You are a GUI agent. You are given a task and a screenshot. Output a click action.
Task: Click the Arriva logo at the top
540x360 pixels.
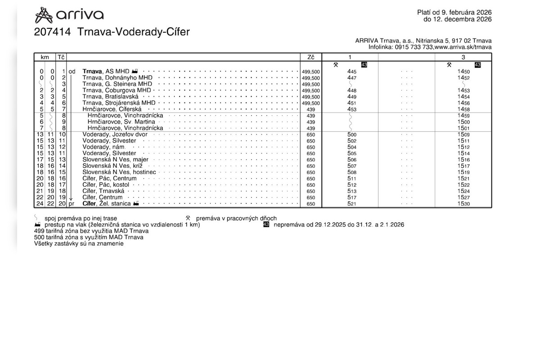coord(69,15)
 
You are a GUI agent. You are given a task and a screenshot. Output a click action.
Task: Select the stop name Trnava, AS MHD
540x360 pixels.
coord(106,72)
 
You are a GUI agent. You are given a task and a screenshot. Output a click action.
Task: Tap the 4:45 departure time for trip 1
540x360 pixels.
coord(352,72)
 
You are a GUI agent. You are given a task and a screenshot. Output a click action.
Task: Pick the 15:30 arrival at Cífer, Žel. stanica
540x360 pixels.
coord(463,204)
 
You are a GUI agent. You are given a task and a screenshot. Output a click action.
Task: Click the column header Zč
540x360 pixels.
coord(311,57)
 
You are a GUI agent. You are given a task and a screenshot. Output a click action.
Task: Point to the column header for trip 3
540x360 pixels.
coord(463,57)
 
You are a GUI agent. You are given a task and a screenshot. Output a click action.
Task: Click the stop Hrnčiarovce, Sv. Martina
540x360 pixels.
coord(121,122)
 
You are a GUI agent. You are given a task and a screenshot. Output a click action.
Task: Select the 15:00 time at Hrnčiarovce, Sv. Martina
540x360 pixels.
coord(463,122)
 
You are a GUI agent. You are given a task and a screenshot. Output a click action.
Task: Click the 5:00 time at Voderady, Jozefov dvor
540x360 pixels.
coord(352,135)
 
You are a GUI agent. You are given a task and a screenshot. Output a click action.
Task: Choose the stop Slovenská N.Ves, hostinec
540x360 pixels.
coord(119,172)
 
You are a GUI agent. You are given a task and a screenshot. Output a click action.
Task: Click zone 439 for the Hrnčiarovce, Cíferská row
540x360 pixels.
coord(311,109)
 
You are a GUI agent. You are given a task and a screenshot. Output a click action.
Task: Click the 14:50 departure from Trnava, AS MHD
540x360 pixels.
coord(463,72)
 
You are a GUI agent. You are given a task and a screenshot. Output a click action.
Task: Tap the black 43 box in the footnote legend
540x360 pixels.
coord(266,225)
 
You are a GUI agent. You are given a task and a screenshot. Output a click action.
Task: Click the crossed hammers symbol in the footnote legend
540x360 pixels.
coord(188,218)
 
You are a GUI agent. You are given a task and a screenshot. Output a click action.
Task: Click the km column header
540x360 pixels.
coord(45,57)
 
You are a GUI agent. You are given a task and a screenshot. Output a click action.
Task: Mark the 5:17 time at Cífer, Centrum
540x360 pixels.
coord(352,198)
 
